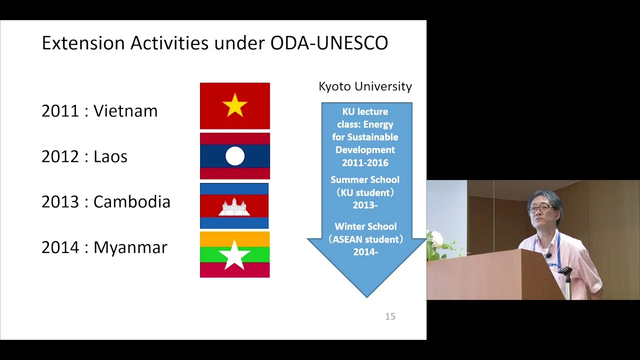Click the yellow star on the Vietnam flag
(x=235, y=105)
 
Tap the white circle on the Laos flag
(x=235, y=156)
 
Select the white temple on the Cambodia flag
(x=234, y=206)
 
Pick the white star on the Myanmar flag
(x=234, y=255)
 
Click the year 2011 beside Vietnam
(x=60, y=111)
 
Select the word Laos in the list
(x=110, y=156)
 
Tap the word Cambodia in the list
(x=131, y=201)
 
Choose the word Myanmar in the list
(x=130, y=247)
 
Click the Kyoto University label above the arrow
(x=365, y=86)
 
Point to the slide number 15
(x=390, y=316)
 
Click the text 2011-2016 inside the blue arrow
(x=365, y=163)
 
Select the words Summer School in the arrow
(x=365, y=179)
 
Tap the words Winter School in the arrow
(x=365, y=226)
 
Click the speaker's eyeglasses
(x=539, y=208)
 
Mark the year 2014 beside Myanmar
(x=60, y=247)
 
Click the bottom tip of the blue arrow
(x=367, y=297)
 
